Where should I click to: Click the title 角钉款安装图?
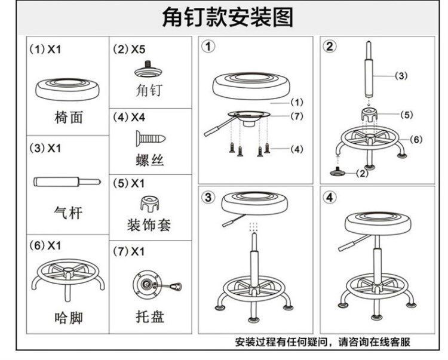pyautogui.click(x=228, y=18)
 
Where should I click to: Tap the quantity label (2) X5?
pyautogui.click(x=129, y=50)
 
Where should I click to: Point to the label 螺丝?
pyautogui.click(x=149, y=160)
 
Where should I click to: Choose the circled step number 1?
pyautogui.click(x=208, y=46)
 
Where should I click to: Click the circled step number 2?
pyautogui.click(x=329, y=46)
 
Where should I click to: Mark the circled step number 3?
pyautogui.click(x=208, y=198)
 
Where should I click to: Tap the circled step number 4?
pyautogui.click(x=329, y=198)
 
